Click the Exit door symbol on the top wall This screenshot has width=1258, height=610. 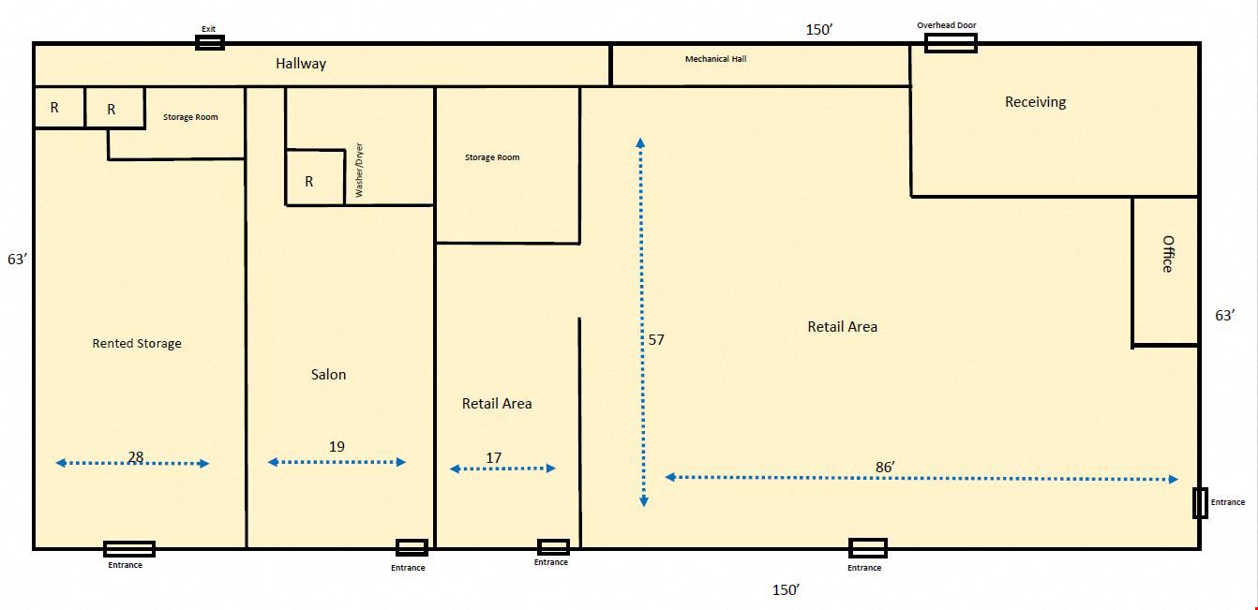click(209, 42)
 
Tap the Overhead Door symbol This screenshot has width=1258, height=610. click(951, 43)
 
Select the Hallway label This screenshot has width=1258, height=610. click(301, 64)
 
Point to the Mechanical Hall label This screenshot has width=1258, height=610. click(715, 59)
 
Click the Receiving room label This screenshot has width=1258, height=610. click(1035, 102)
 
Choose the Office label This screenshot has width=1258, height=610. click(1168, 254)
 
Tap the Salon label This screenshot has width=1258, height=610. click(328, 374)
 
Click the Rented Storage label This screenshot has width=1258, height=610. click(137, 344)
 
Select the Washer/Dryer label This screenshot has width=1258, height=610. click(359, 170)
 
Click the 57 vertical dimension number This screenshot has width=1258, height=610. click(656, 339)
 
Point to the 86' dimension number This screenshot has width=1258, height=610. click(885, 467)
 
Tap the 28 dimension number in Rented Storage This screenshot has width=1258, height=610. click(135, 457)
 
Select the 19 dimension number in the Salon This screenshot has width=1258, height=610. click(337, 447)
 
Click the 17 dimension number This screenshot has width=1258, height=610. click(494, 458)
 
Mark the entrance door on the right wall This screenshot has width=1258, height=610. click(1200, 503)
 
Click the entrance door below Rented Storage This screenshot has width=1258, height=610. click(129, 549)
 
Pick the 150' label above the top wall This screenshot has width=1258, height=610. click(818, 30)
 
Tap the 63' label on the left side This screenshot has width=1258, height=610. click(17, 260)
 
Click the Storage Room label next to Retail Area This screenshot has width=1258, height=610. click(492, 157)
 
